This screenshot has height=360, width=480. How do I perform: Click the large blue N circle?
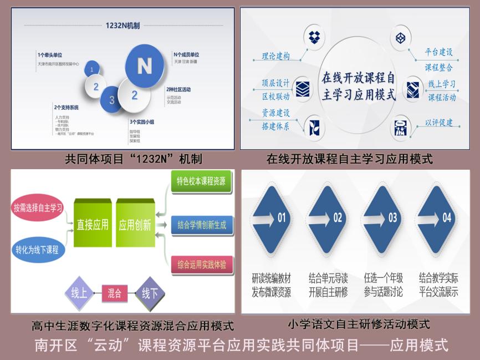[x=144, y=66]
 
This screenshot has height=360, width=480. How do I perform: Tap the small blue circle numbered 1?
[x=92, y=70]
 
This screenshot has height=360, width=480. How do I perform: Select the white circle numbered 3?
[x=112, y=100]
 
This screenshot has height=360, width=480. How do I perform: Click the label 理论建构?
[x=275, y=56]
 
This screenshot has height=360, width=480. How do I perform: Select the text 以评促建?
[x=439, y=123]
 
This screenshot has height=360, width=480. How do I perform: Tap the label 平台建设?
[x=439, y=52]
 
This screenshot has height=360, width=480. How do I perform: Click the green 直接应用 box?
[x=93, y=225]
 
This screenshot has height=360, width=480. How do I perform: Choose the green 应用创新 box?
[x=135, y=225]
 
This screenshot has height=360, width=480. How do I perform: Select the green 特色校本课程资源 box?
[x=201, y=181]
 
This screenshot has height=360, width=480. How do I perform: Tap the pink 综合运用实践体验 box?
[x=202, y=265]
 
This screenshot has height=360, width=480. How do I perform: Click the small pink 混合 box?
[x=115, y=292]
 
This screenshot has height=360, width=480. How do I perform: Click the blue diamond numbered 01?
[x=273, y=218]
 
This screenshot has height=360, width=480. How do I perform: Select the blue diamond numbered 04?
[x=439, y=218]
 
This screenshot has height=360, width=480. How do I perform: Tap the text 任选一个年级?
[x=384, y=277]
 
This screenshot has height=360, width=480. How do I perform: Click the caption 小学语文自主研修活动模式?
[x=359, y=323]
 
